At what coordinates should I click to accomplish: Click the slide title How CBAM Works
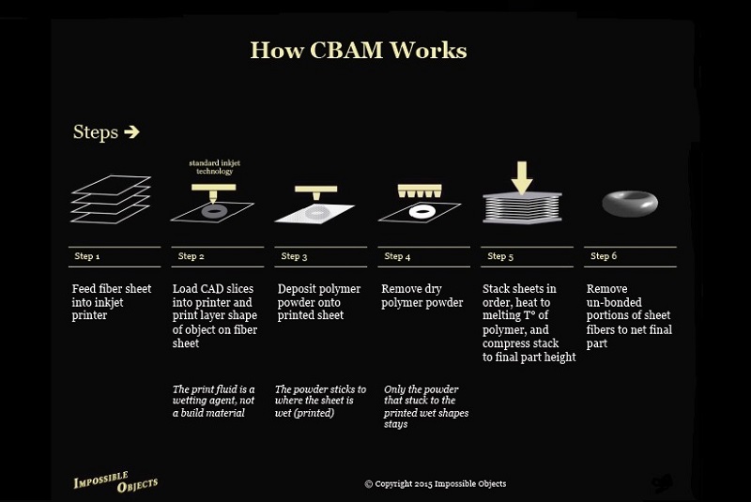[358, 50]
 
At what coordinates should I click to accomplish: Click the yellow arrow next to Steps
[131, 132]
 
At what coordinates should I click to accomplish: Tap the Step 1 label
[86, 256]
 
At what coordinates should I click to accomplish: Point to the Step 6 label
[604, 256]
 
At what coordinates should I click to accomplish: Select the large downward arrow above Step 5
[522, 175]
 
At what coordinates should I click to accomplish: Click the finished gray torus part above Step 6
[629, 204]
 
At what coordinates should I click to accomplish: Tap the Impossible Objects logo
[115, 481]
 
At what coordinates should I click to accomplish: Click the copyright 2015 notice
[435, 484]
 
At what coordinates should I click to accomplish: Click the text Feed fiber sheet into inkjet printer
[112, 302]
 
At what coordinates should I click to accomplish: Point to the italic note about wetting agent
[214, 401]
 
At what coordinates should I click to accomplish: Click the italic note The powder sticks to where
[320, 401]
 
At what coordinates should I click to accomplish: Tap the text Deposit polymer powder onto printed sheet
[320, 302]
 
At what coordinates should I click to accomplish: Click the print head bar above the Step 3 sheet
[315, 189]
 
